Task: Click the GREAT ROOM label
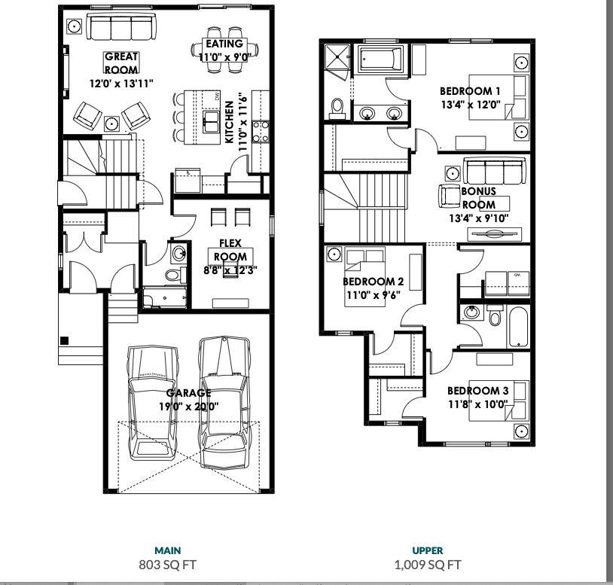tap(121, 63)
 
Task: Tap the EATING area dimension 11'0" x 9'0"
tap(224, 57)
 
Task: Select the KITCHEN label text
tap(230, 122)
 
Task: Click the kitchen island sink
tap(211, 121)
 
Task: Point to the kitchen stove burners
tap(261, 131)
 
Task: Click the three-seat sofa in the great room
tap(120, 26)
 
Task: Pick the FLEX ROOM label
tap(230, 250)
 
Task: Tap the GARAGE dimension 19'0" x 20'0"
tap(188, 407)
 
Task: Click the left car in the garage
tap(152, 403)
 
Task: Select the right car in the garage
tap(224, 402)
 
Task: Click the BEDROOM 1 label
tap(470, 91)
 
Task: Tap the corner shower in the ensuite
tap(337, 57)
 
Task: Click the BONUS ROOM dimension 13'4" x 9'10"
tap(479, 218)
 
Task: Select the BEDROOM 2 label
tap(373, 282)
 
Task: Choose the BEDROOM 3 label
tap(477, 391)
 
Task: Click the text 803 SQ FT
tap(168, 565)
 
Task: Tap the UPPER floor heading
tap(428, 550)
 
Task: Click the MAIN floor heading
tap(168, 550)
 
